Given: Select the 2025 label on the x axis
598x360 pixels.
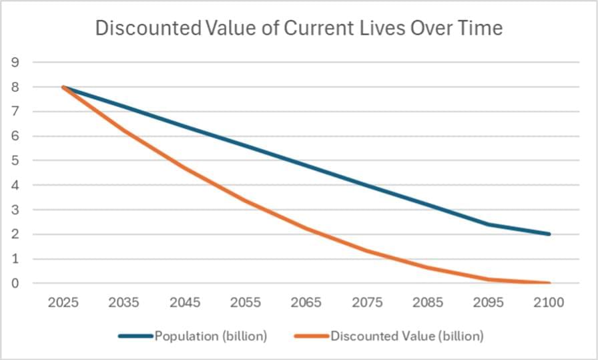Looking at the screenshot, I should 63,302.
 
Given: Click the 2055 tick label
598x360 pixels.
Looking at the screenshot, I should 246,302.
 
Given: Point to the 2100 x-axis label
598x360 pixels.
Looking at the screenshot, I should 549,302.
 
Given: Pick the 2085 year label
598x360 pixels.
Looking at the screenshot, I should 428,302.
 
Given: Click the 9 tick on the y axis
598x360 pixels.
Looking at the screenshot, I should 15,63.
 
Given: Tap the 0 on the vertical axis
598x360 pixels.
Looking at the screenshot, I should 15,283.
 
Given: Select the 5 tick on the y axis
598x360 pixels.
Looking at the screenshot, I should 15,161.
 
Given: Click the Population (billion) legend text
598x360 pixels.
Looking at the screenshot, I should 211,336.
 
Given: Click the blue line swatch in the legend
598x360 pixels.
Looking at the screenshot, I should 136,336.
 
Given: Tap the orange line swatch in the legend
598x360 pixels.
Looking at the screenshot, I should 312,336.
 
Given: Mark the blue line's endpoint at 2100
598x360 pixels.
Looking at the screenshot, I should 549,234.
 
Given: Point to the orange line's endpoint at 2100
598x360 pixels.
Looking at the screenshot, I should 549,283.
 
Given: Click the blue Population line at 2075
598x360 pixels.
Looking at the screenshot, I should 367,185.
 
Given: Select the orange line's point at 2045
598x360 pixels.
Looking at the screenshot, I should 185,168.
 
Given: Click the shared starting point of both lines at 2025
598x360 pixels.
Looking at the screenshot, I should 63,87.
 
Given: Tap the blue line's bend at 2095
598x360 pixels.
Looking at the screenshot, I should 489,224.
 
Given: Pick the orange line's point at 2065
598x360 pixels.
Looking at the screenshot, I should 306,228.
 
